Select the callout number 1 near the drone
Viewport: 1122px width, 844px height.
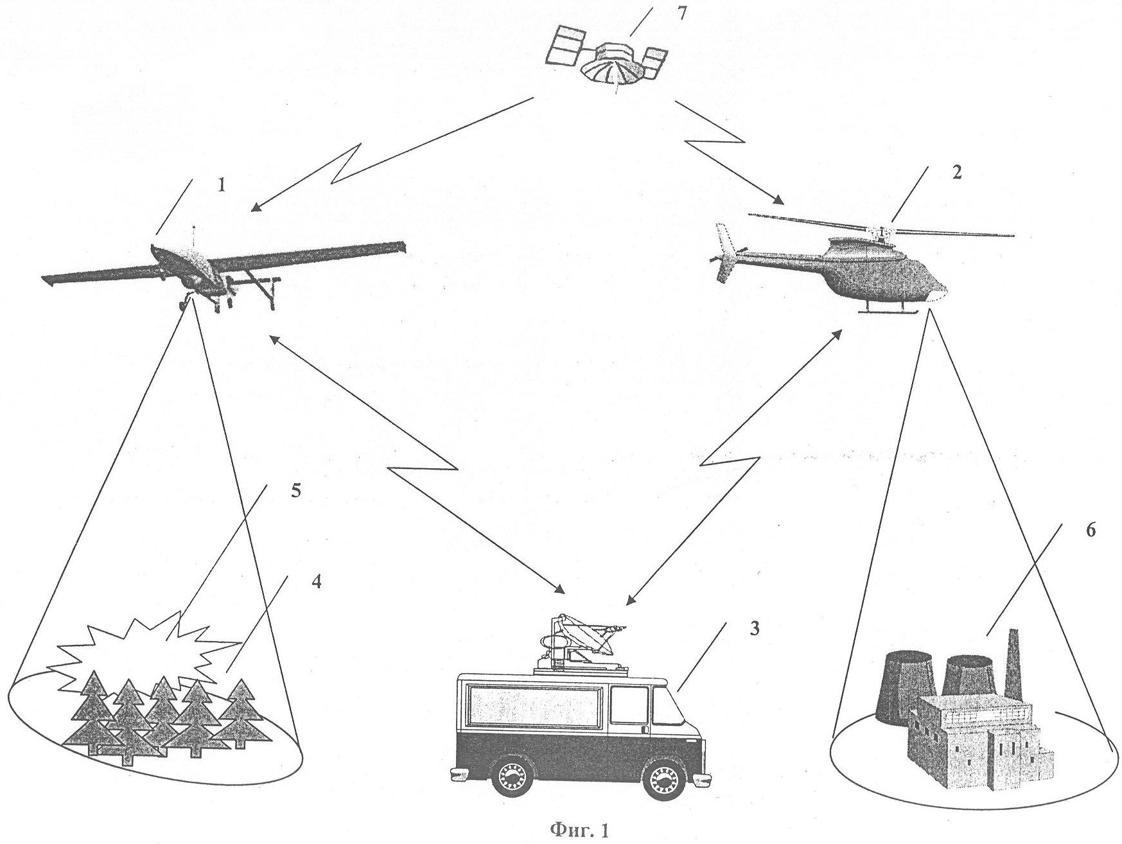[x=222, y=186]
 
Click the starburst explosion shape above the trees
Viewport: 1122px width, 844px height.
[x=148, y=649]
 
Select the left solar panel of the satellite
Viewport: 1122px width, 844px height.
[x=567, y=45]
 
